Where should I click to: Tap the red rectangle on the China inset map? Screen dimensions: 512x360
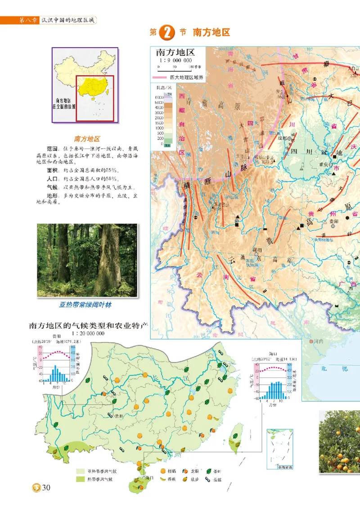[x=94, y=98]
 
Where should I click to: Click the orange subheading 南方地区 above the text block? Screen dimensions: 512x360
[x=87, y=139]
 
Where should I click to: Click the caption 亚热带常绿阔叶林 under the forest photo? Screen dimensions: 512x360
[x=85, y=305]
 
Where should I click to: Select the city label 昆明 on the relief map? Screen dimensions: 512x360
[x=257, y=249]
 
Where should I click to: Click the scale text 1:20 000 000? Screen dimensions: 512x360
[x=88, y=333]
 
